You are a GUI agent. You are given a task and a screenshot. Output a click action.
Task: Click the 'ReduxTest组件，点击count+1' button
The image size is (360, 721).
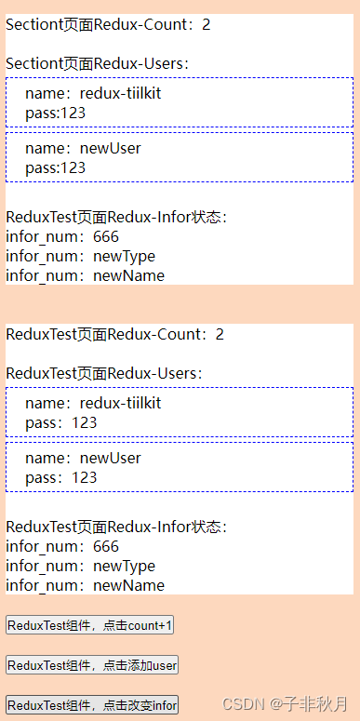click(90, 625)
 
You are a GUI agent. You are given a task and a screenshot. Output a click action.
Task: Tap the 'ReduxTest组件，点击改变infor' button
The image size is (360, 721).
click(92, 705)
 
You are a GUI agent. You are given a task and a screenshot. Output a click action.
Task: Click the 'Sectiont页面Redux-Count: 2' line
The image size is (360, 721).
click(108, 24)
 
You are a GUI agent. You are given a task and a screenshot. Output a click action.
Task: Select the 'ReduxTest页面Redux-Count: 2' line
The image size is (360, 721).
click(114, 334)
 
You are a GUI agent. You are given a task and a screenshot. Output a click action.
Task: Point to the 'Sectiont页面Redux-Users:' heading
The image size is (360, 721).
click(98, 63)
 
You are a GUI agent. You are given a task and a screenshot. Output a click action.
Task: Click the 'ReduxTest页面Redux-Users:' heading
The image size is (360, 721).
click(104, 373)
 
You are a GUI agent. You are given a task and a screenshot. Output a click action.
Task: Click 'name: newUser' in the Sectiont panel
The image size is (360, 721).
click(83, 148)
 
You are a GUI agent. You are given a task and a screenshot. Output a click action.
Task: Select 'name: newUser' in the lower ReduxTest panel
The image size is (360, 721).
click(83, 458)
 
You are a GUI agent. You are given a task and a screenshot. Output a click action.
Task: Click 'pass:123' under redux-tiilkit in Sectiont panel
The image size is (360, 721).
click(55, 113)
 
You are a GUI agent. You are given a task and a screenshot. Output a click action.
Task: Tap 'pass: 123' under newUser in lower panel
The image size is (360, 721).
click(60, 477)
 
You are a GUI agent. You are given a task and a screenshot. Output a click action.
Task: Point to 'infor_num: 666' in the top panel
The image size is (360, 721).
click(62, 236)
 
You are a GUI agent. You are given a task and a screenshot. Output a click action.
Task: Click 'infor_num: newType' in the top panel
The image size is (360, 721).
click(80, 256)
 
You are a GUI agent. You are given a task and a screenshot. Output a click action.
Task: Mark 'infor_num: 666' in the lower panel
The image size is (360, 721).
click(62, 546)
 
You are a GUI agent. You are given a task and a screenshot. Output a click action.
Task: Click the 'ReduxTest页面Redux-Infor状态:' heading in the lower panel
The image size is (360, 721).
click(116, 527)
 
